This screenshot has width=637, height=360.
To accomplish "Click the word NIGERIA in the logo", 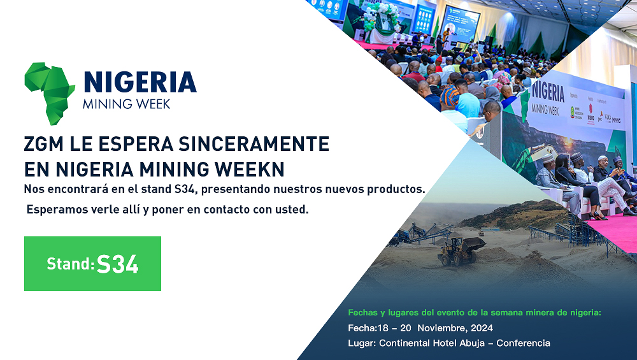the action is point(140,83).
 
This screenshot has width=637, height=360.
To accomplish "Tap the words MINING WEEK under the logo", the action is point(126,104).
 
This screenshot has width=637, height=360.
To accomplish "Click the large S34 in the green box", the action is point(118,264).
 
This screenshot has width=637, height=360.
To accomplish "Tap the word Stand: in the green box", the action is point(71,264).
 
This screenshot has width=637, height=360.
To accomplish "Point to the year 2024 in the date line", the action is point(481,328).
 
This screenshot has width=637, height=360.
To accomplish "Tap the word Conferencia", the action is point(523,343).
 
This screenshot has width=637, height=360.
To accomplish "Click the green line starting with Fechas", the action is point(475,313).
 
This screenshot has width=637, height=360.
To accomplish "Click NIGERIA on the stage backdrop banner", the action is point(548,91).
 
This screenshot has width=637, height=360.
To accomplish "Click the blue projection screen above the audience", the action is point(461,22).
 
